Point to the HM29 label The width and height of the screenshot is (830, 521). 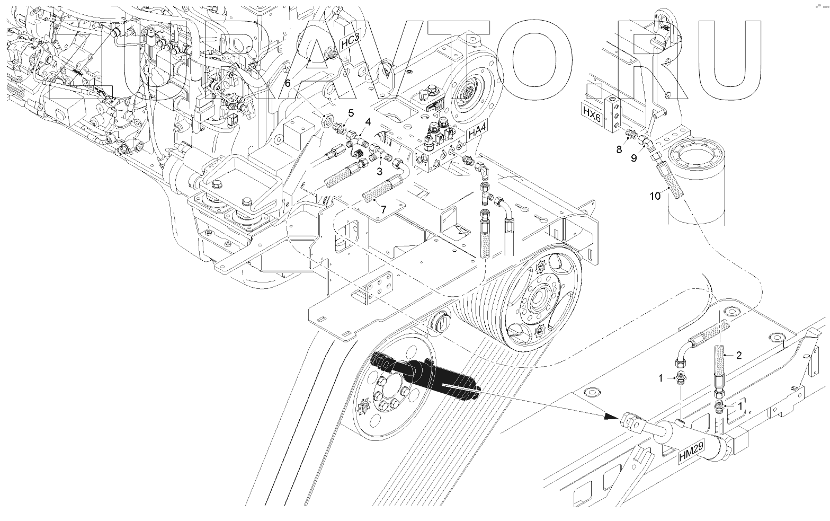pyautogui.click(x=691, y=452)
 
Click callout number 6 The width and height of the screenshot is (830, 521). pyautogui.click(x=288, y=83)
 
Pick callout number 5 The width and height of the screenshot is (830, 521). pyautogui.click(x=350, y=113)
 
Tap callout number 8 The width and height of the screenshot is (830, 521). pyautogui.click(x=619, y=150)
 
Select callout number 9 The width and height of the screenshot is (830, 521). pyautogui.click(x=634, y=158)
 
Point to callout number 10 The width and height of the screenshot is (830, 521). pyautogui.click(x=655, y=196)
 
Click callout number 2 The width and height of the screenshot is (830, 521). pyautogui.click(x=738, y=355)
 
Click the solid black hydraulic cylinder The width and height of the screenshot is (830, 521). pyautogui.click(x=424, y=376)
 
